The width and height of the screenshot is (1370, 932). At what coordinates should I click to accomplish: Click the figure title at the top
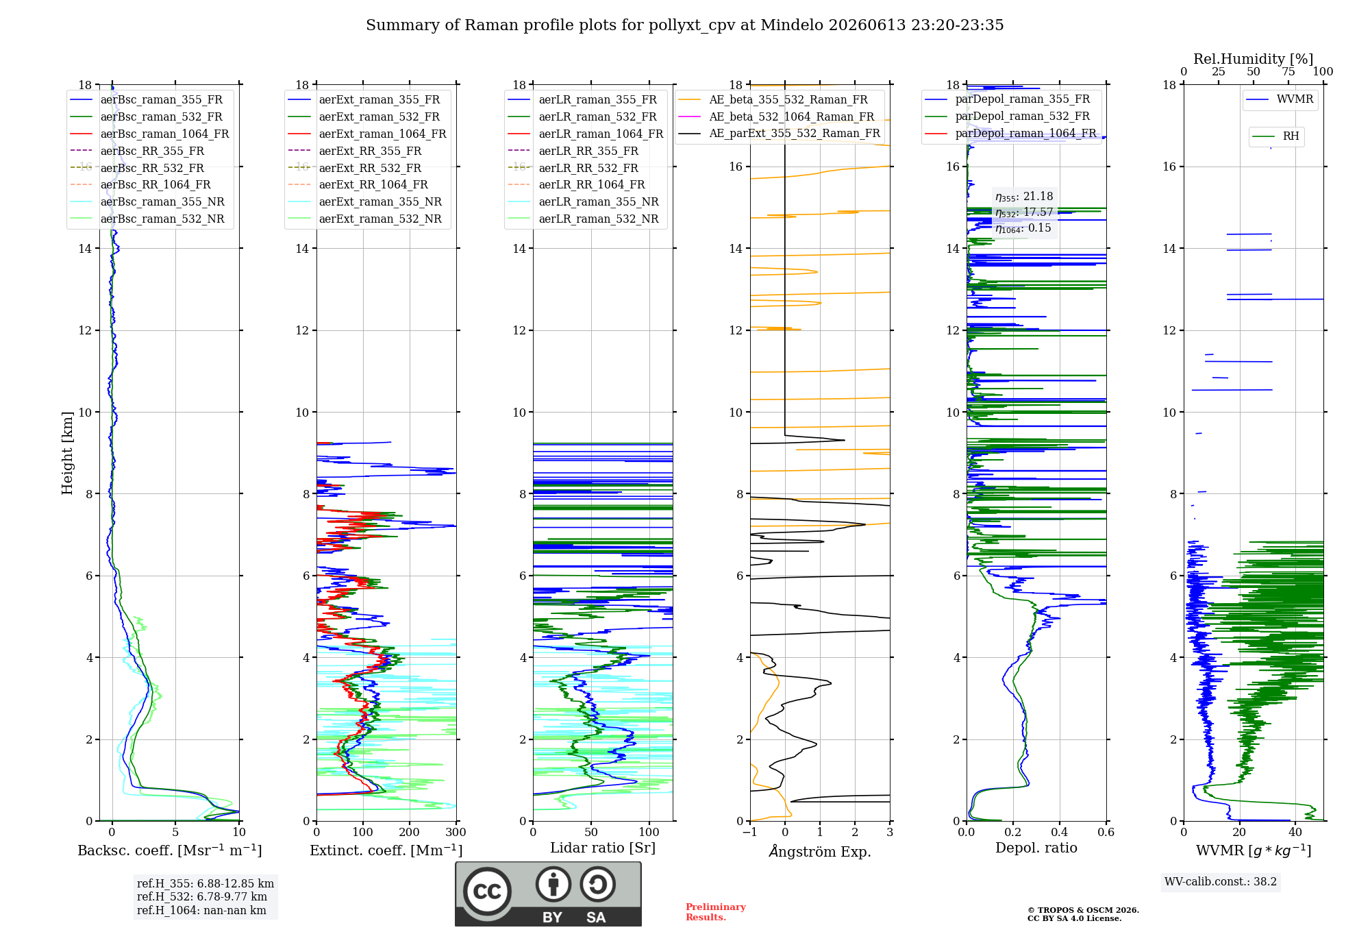point(684,25)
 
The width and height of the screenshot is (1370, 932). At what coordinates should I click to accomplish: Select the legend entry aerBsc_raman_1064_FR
point(149,134)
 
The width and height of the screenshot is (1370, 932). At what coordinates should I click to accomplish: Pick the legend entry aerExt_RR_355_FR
point(355,151)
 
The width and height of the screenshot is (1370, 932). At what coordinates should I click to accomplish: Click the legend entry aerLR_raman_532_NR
point(583,219)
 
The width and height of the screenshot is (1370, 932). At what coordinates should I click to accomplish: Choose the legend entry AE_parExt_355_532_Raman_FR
point(780,133)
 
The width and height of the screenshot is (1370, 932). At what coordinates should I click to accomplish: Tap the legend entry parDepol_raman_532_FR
point(1007,116)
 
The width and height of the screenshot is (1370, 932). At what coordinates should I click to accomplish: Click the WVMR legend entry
point(1280,99)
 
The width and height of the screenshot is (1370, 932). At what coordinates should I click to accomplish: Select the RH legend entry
point(1275,136)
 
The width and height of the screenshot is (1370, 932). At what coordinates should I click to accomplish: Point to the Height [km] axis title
point(67,453)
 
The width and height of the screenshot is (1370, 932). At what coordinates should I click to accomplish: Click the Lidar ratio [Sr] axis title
point(603,848)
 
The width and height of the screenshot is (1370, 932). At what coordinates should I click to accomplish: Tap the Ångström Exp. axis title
point(820,851)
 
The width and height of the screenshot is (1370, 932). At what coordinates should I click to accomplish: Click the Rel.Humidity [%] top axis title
point(1254,59)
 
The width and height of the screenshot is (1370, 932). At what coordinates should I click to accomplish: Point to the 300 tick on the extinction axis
point(456,833)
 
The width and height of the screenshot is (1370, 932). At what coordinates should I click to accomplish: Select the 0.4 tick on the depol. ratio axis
point(1060,833)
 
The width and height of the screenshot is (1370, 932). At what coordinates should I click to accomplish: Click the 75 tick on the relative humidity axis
point(1288,71)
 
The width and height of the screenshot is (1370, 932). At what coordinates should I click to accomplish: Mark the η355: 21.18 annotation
point(1024,197)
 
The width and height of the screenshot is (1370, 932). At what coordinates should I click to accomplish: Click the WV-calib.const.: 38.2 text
point(1221,882)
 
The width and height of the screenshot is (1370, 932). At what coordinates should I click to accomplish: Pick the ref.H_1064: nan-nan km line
point(201,910)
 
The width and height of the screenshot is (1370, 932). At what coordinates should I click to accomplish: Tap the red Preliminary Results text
point(716,912)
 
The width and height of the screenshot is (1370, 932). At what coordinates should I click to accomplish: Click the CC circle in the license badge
point(487,892)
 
